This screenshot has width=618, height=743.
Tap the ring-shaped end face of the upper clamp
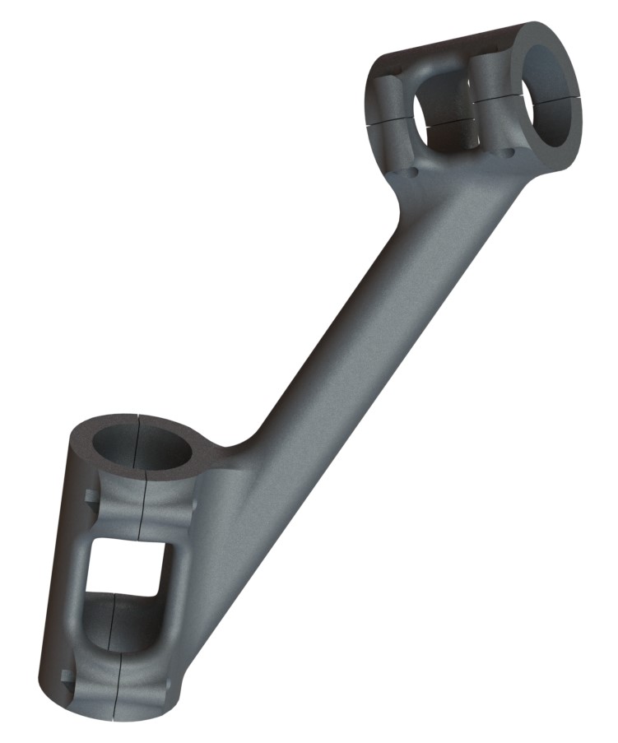[x=571, y=132]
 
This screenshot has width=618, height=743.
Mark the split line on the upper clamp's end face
[x=568, y=95]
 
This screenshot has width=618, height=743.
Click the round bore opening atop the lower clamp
[x=142, y=448]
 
